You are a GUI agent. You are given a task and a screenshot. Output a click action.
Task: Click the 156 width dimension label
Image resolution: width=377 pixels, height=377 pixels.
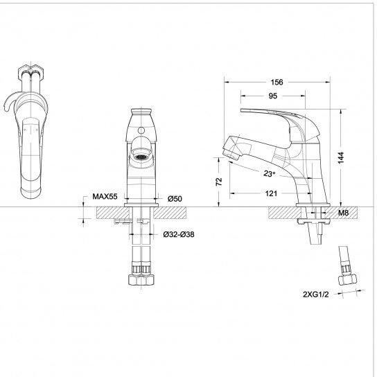coord(277,82)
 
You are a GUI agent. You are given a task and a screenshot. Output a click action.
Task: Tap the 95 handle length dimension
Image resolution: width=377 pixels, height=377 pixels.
coord(272,96)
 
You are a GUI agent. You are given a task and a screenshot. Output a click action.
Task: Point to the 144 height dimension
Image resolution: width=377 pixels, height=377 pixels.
coord(340,158)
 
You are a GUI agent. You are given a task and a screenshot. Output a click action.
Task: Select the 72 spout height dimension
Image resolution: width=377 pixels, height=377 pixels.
coord(219,182)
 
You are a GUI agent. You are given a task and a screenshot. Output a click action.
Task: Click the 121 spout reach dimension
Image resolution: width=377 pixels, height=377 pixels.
coord(271,193)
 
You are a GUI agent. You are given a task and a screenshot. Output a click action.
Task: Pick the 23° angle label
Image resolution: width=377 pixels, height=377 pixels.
coord(269,173)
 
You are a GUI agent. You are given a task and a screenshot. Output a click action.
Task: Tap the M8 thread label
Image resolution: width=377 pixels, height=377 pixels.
coord(343,213)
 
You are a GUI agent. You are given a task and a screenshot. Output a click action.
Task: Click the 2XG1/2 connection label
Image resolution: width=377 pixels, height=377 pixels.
coord(316,295)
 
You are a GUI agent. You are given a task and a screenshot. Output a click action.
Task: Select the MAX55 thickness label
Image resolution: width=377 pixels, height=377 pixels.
coord(105,196)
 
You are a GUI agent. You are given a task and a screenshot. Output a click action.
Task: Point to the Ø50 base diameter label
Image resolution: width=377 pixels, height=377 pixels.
coord(175,199)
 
